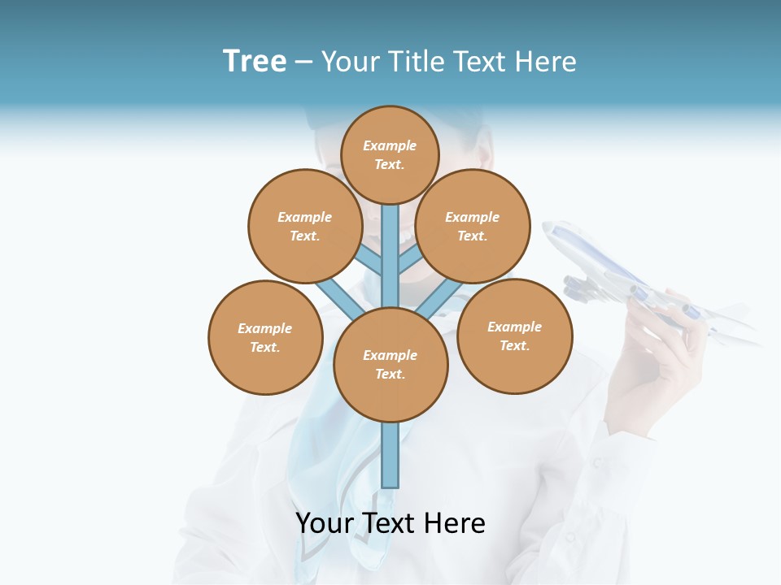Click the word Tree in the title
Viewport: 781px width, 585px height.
255,62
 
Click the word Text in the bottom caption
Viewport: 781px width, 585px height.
388,524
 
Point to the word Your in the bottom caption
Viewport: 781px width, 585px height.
324,524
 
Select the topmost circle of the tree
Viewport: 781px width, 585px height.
390,154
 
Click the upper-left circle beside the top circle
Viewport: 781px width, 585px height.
304,226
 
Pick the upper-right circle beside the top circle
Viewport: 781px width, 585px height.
472,226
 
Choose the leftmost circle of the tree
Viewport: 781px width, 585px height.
265,337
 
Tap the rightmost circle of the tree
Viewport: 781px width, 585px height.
514,336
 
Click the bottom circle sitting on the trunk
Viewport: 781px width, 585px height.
390,365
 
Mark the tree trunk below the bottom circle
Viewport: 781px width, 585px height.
390,455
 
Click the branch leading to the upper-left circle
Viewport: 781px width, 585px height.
368,260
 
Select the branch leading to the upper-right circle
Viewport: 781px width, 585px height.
410,261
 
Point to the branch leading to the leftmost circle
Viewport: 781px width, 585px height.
340,298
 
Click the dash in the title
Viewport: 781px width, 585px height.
303,63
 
